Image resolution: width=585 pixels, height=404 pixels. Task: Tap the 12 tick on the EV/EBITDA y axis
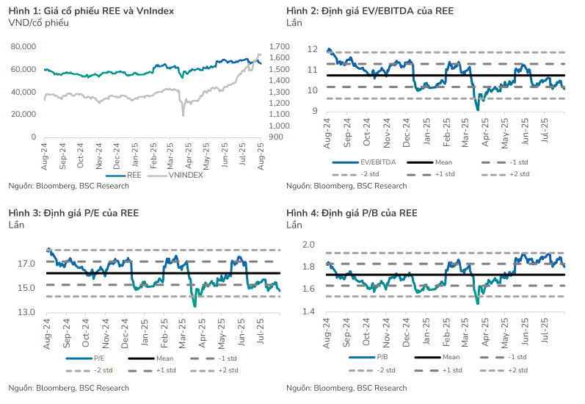pos(312,49)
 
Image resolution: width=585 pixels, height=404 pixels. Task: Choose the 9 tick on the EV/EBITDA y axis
pos(313,111)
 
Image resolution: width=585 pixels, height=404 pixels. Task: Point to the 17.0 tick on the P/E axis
pos(26,264)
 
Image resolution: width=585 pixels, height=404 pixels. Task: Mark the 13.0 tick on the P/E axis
pos(26,312)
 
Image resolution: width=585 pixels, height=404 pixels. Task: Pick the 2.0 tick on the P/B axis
pos(310,245)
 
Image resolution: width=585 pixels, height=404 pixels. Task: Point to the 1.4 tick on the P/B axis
pos(310,312)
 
